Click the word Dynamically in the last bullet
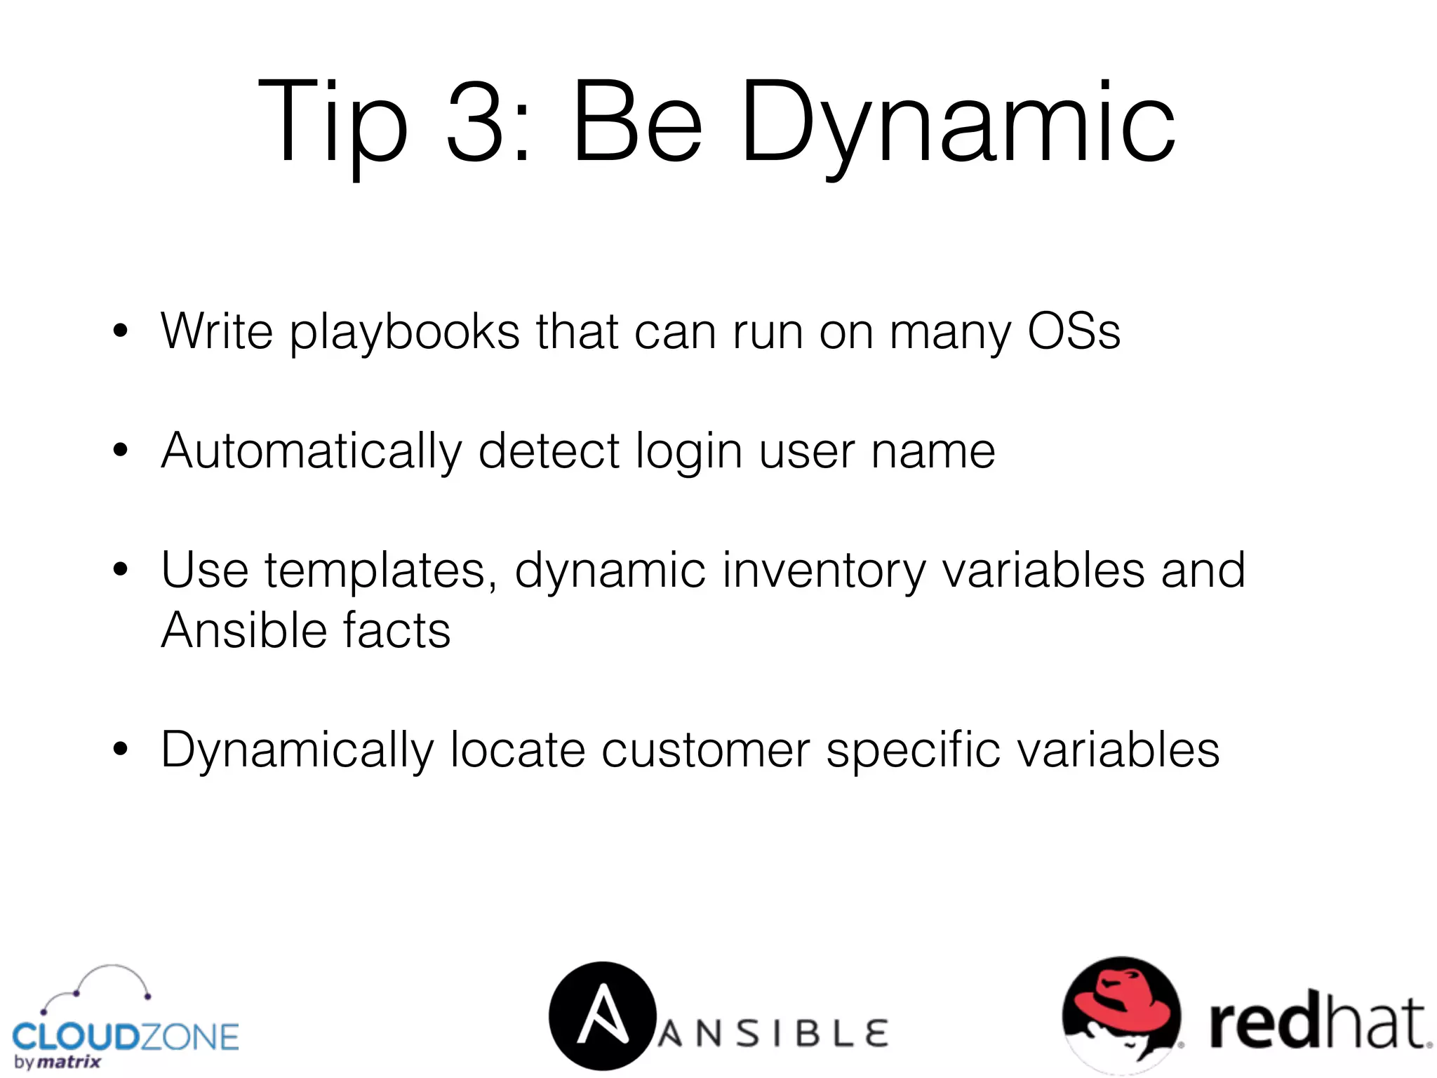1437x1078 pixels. click(298, 750)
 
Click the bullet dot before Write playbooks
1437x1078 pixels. click(121, 331)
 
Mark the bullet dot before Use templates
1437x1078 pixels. click(121, 570)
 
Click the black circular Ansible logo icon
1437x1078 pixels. click(602, 1015)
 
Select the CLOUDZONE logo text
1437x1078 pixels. click(126, 1037)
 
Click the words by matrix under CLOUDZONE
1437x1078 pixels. click(58, 1063)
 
